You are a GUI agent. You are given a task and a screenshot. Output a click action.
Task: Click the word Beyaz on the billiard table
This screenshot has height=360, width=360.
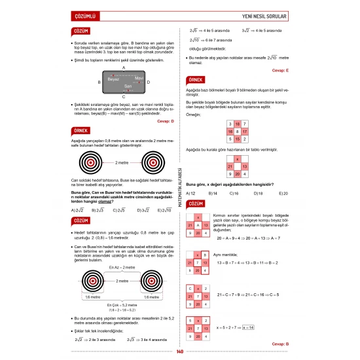tap(114, 79)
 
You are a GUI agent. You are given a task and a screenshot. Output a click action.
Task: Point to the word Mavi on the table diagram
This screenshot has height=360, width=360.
tap(138, 79)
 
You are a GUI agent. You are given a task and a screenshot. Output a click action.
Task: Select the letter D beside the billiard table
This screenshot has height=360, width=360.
tap(149, 82)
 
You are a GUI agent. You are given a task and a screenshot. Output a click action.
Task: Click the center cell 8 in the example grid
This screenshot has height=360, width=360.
tap(237, 131)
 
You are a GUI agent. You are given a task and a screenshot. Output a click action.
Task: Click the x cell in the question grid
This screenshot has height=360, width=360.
tap(237, 159)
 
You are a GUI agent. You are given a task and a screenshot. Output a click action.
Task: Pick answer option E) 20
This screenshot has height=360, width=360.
tap(283, 193)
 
